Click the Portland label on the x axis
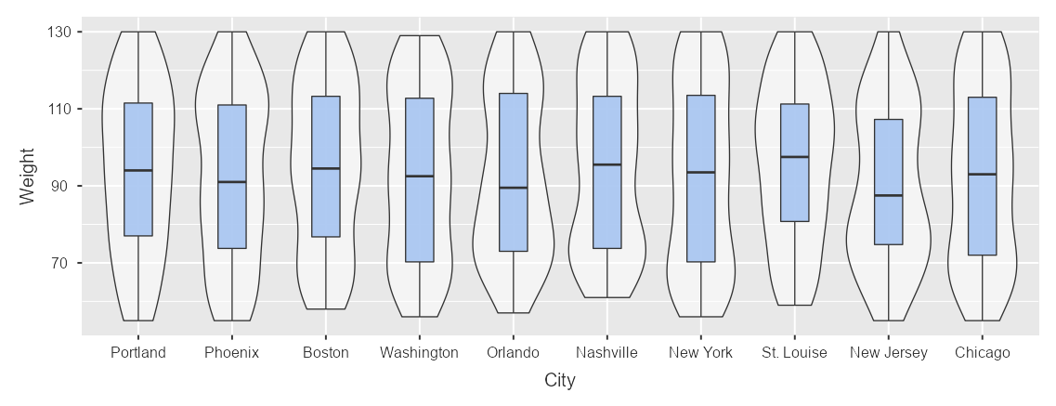tap(137, 353)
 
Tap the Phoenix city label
tap(231, 353)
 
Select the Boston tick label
tap(326, 353)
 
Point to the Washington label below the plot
tap(419, 353)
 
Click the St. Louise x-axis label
tap(794, 353)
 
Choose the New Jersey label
tap(888, 353)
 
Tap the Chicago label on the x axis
tap(982, 353)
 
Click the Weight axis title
tap(28, 177)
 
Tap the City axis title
tap(560, 381)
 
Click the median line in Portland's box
tap(137, 171)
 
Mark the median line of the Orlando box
tap(513, 188)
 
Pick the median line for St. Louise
tap(794, 157)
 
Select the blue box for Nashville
tap(606, 204)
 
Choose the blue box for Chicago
tap(982, 214)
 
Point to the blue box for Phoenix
tap(231, 214)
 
